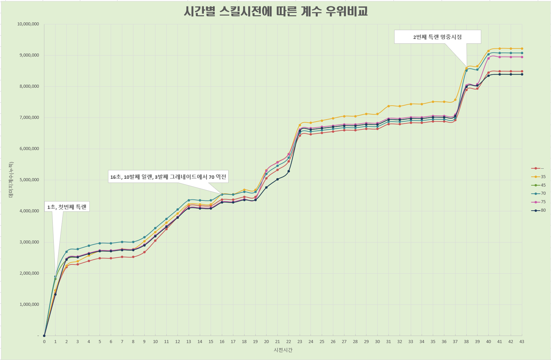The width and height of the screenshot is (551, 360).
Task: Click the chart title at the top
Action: click(276, 12)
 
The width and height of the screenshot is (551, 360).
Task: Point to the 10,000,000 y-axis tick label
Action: click(28, 24)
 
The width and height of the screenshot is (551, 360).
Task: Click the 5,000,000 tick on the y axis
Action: click(29, 180)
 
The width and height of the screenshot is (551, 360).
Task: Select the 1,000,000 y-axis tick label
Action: click(29, 304)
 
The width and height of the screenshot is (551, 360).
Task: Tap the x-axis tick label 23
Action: click(300, 342)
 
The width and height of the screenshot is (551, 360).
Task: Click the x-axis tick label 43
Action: click(522, 342)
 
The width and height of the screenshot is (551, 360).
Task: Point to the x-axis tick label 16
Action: click(222, 342)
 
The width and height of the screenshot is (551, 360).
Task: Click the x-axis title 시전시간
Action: click(283, 350)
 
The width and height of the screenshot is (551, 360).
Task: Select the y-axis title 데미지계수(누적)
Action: click(11, 179)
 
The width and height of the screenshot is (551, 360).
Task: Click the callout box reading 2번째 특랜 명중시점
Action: click(437, 37)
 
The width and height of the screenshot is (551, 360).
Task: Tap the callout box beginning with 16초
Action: click(168, 177)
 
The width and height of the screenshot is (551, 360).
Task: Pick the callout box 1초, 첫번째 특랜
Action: click(67, 207)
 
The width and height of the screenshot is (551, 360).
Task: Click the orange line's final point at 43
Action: click(522, 48)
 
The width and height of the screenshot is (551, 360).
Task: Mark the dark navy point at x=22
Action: click(289, 171)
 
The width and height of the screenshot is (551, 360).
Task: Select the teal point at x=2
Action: click(66, 252)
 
